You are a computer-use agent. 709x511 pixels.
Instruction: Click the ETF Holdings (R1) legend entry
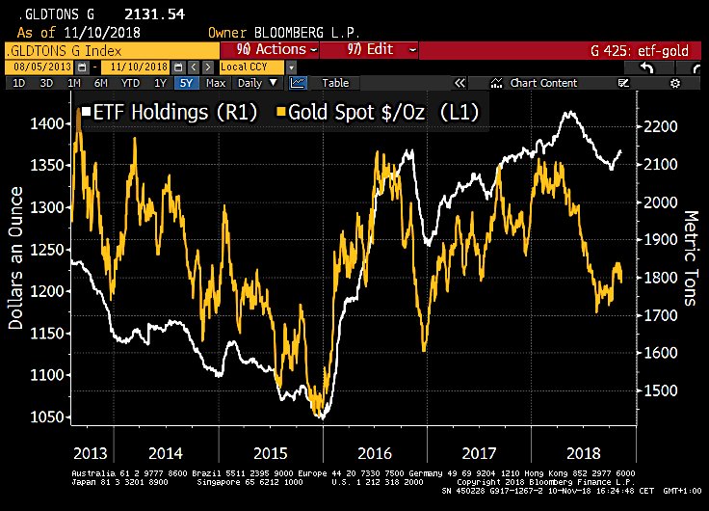tap(173, 113)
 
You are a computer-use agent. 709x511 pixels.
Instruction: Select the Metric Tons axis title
tap(691, 258)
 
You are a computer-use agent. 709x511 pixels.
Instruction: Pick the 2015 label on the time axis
tap(270, 451)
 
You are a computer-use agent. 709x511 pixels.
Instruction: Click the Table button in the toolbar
tap(335, 84)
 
